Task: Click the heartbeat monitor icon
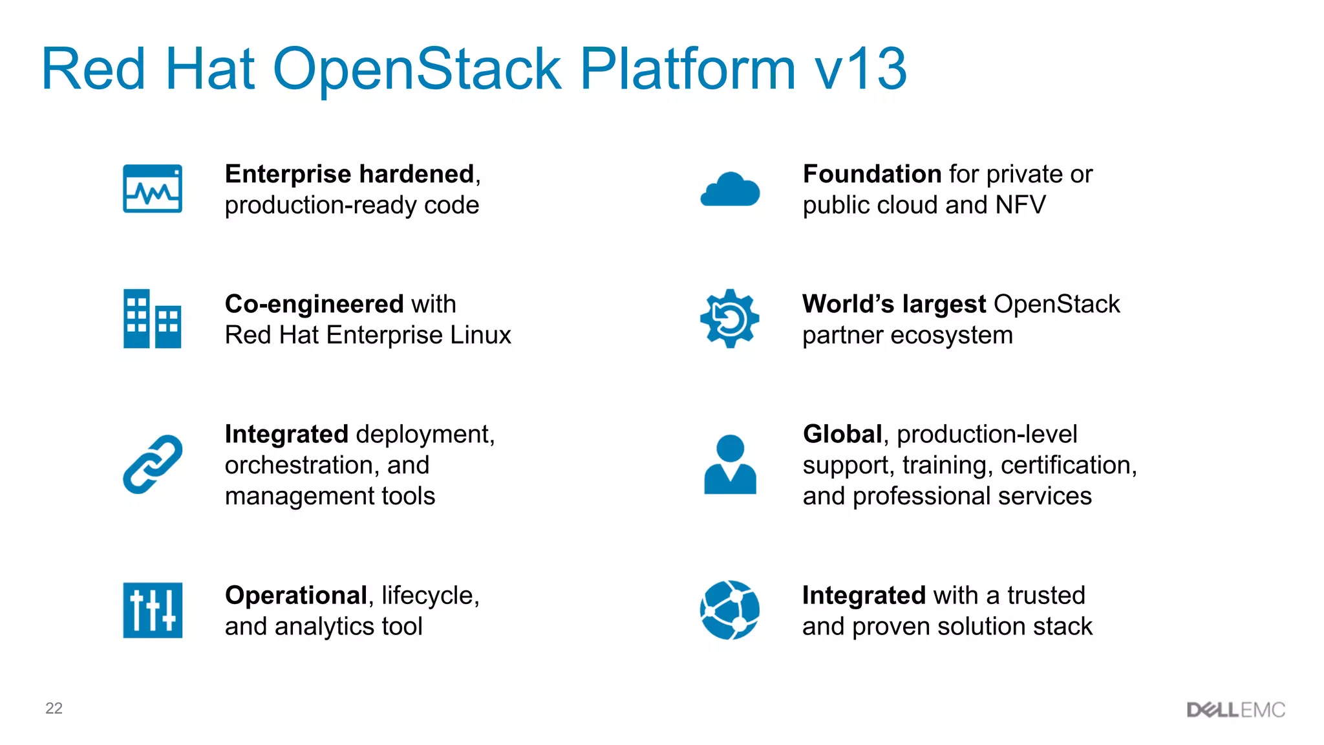coord(153,189)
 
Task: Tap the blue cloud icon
coord(730,190)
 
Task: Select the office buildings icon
coord(153,319)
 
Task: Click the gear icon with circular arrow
coord(730,319)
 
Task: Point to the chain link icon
coord(153,464)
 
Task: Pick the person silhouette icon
coord(730,464)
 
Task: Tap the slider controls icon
coord(153,610)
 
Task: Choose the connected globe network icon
coord(730,610)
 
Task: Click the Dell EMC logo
coord(1235,710)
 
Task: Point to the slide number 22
coord(54,708)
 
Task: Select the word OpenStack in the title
coord(417,69)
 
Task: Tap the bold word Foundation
coord(872,174)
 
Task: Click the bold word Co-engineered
coord(314,304)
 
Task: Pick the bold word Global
coord(842,434)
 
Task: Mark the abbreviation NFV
coord(1020,205)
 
